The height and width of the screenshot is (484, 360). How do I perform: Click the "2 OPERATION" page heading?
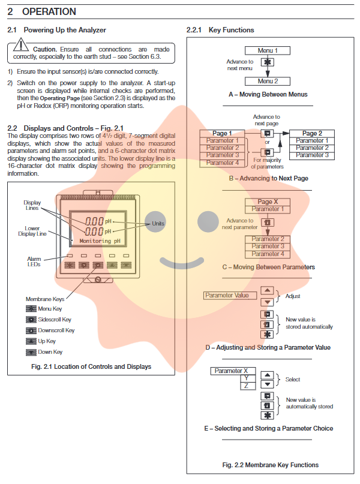(x=41, y=11)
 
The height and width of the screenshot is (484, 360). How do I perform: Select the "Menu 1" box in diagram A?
(x=268, y=50)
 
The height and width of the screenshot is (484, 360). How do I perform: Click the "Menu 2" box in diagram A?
(x=268, y=81)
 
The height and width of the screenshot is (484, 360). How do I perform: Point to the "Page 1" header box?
(x=220, y=133)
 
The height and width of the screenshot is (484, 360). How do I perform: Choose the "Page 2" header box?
(x=312, y=133)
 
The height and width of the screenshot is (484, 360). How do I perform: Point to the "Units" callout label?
(x=157, y=223)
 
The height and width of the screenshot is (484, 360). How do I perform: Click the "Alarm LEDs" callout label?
(x=33, y=261)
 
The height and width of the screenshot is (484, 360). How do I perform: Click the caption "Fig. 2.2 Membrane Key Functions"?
(x=270, y=465)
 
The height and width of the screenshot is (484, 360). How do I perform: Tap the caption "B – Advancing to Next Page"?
(x=268, y=178)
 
